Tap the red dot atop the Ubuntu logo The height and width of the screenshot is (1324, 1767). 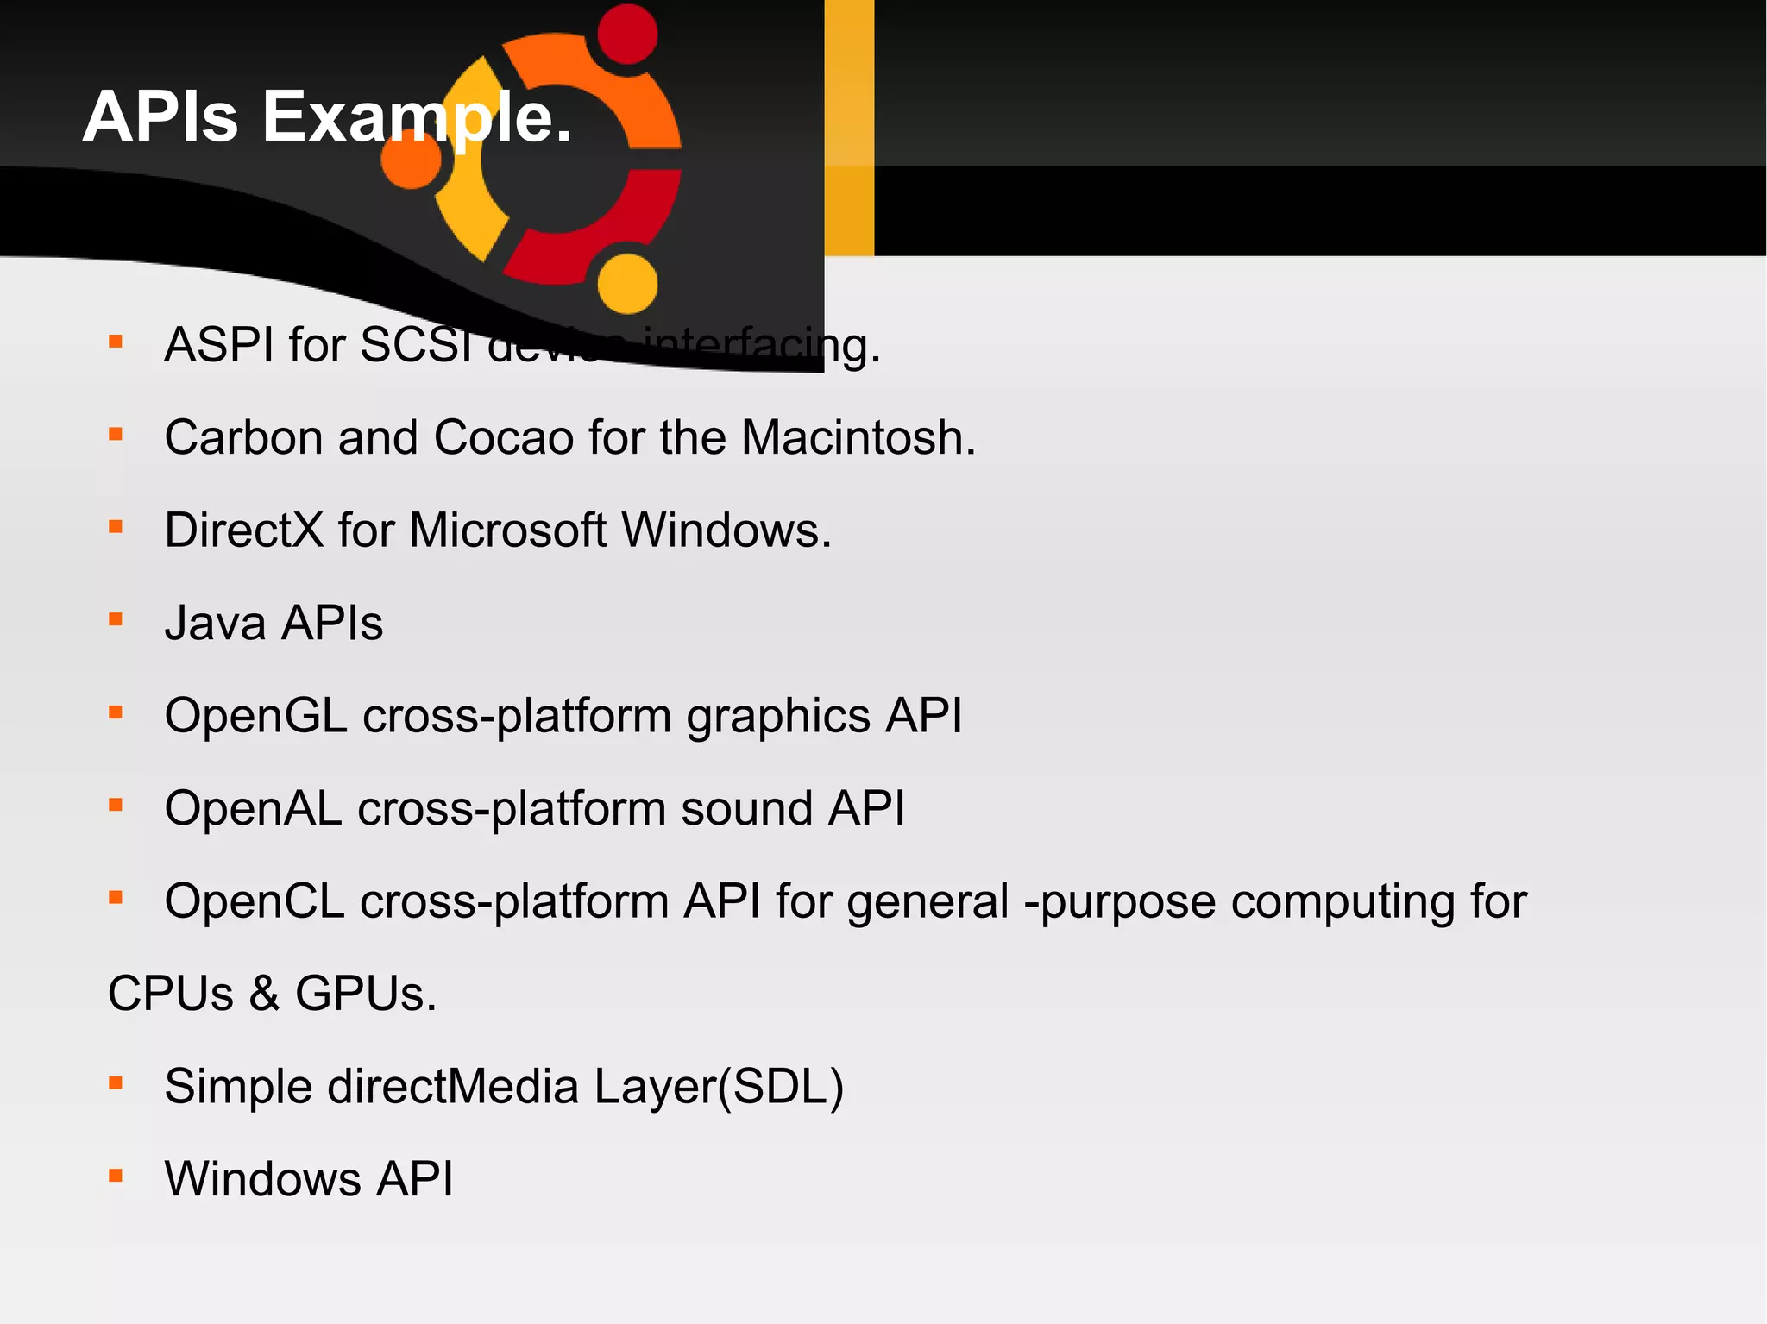click(x=627, y=34)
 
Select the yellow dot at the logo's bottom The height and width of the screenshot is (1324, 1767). click(x=627, y=283)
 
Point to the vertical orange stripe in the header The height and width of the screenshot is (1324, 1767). click(x=849, y=128)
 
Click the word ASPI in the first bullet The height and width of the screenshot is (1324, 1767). click(x=219, y=345)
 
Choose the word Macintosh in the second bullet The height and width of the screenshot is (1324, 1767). click(x=858, y=437)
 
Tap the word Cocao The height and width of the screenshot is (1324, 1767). click(x=504, y=437)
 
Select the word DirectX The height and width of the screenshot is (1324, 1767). click(x=244, y=530)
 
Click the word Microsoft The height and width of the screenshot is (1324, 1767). click(x=508, y=530)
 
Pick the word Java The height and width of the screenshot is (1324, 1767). click(x=215, y=623)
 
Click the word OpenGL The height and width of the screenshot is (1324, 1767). click(x=256, y=716)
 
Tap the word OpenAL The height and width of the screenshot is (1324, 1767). click(x=254, y=808)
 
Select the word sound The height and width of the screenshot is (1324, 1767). click(x=747, y=808)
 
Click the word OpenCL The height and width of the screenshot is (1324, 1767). click(x=255, y=901)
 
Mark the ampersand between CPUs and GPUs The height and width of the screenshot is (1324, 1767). click(x=265, y=994)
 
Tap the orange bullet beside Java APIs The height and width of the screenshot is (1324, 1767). click(x=116, y=619)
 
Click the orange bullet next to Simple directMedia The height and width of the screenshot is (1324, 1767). click(x=116, y=1082)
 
